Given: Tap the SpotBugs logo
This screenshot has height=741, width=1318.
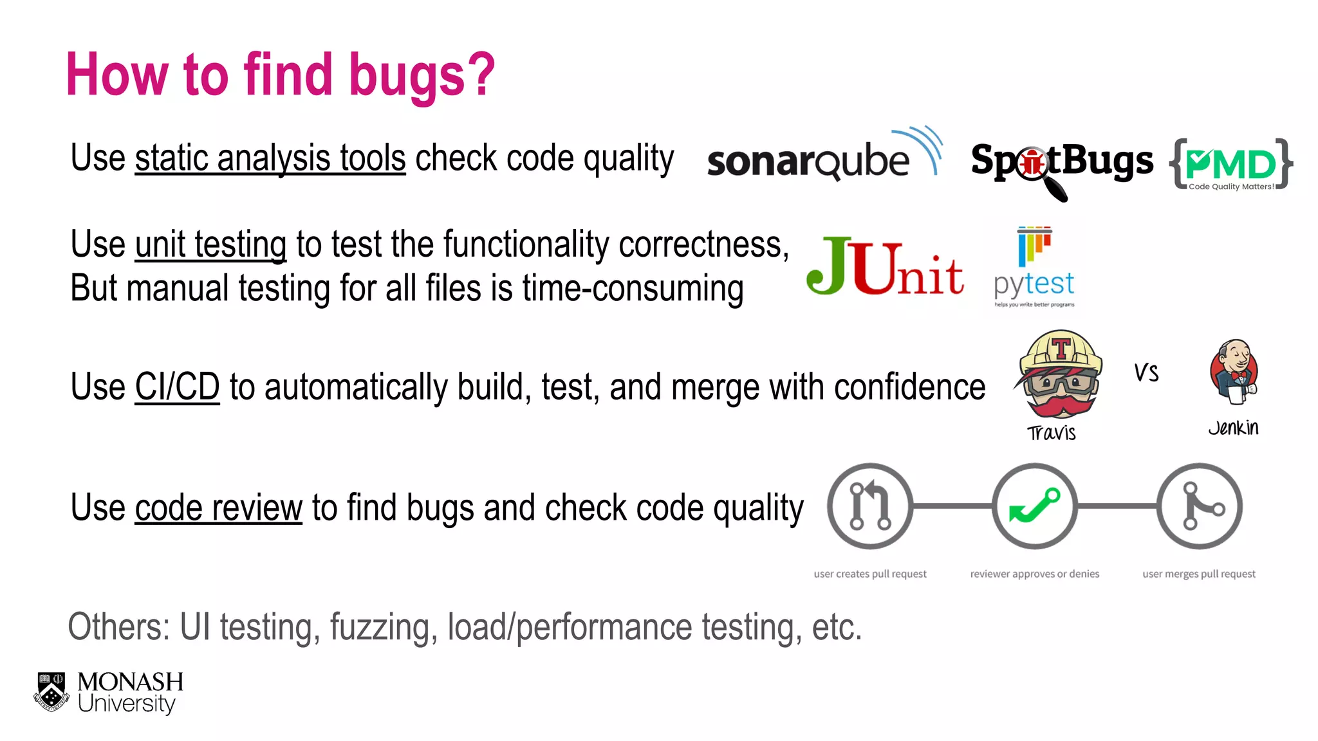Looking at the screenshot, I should point(1062,162).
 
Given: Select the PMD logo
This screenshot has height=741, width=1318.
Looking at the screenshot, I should point(1230,165).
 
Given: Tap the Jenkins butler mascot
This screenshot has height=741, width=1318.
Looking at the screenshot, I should point(1234,372).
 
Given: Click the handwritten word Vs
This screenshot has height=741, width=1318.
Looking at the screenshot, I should point(1146,373).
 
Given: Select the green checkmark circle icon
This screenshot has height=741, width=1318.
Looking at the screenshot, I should point(1034,506).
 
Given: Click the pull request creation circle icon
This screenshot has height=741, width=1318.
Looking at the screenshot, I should point(869,506).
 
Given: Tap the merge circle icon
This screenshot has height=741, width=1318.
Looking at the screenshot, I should point(1199,506).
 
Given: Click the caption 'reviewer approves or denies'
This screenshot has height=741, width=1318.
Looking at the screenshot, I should point(1034,574).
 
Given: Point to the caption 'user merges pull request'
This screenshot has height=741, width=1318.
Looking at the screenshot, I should point(1198,574).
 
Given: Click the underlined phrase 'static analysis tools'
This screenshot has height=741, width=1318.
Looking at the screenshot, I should point(270,158).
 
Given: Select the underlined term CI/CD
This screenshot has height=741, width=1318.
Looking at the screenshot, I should point(177,387).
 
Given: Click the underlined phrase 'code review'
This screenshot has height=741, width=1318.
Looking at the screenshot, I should point(218,508).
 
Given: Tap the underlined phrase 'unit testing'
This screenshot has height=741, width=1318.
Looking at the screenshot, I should point(210,245).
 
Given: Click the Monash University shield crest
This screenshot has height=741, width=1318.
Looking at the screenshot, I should point(51,692).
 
